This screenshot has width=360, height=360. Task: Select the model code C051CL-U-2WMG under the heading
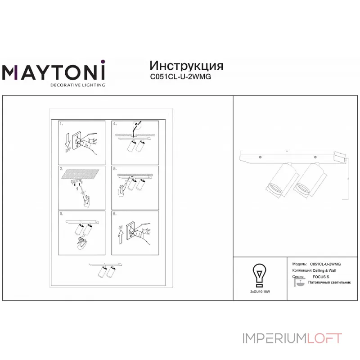[180, 76]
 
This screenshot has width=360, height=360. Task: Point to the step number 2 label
[62, 169]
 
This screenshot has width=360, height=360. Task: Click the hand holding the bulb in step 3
[81, 243]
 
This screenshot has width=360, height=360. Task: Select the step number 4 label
[115, 123]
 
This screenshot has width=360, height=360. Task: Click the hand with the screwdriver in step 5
[121, 192]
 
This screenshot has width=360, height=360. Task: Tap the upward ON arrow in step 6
[121, 234]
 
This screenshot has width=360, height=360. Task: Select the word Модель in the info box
[300, 264]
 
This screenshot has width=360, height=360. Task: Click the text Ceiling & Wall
[324, 270]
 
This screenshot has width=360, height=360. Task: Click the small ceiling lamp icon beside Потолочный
[299, 283]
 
